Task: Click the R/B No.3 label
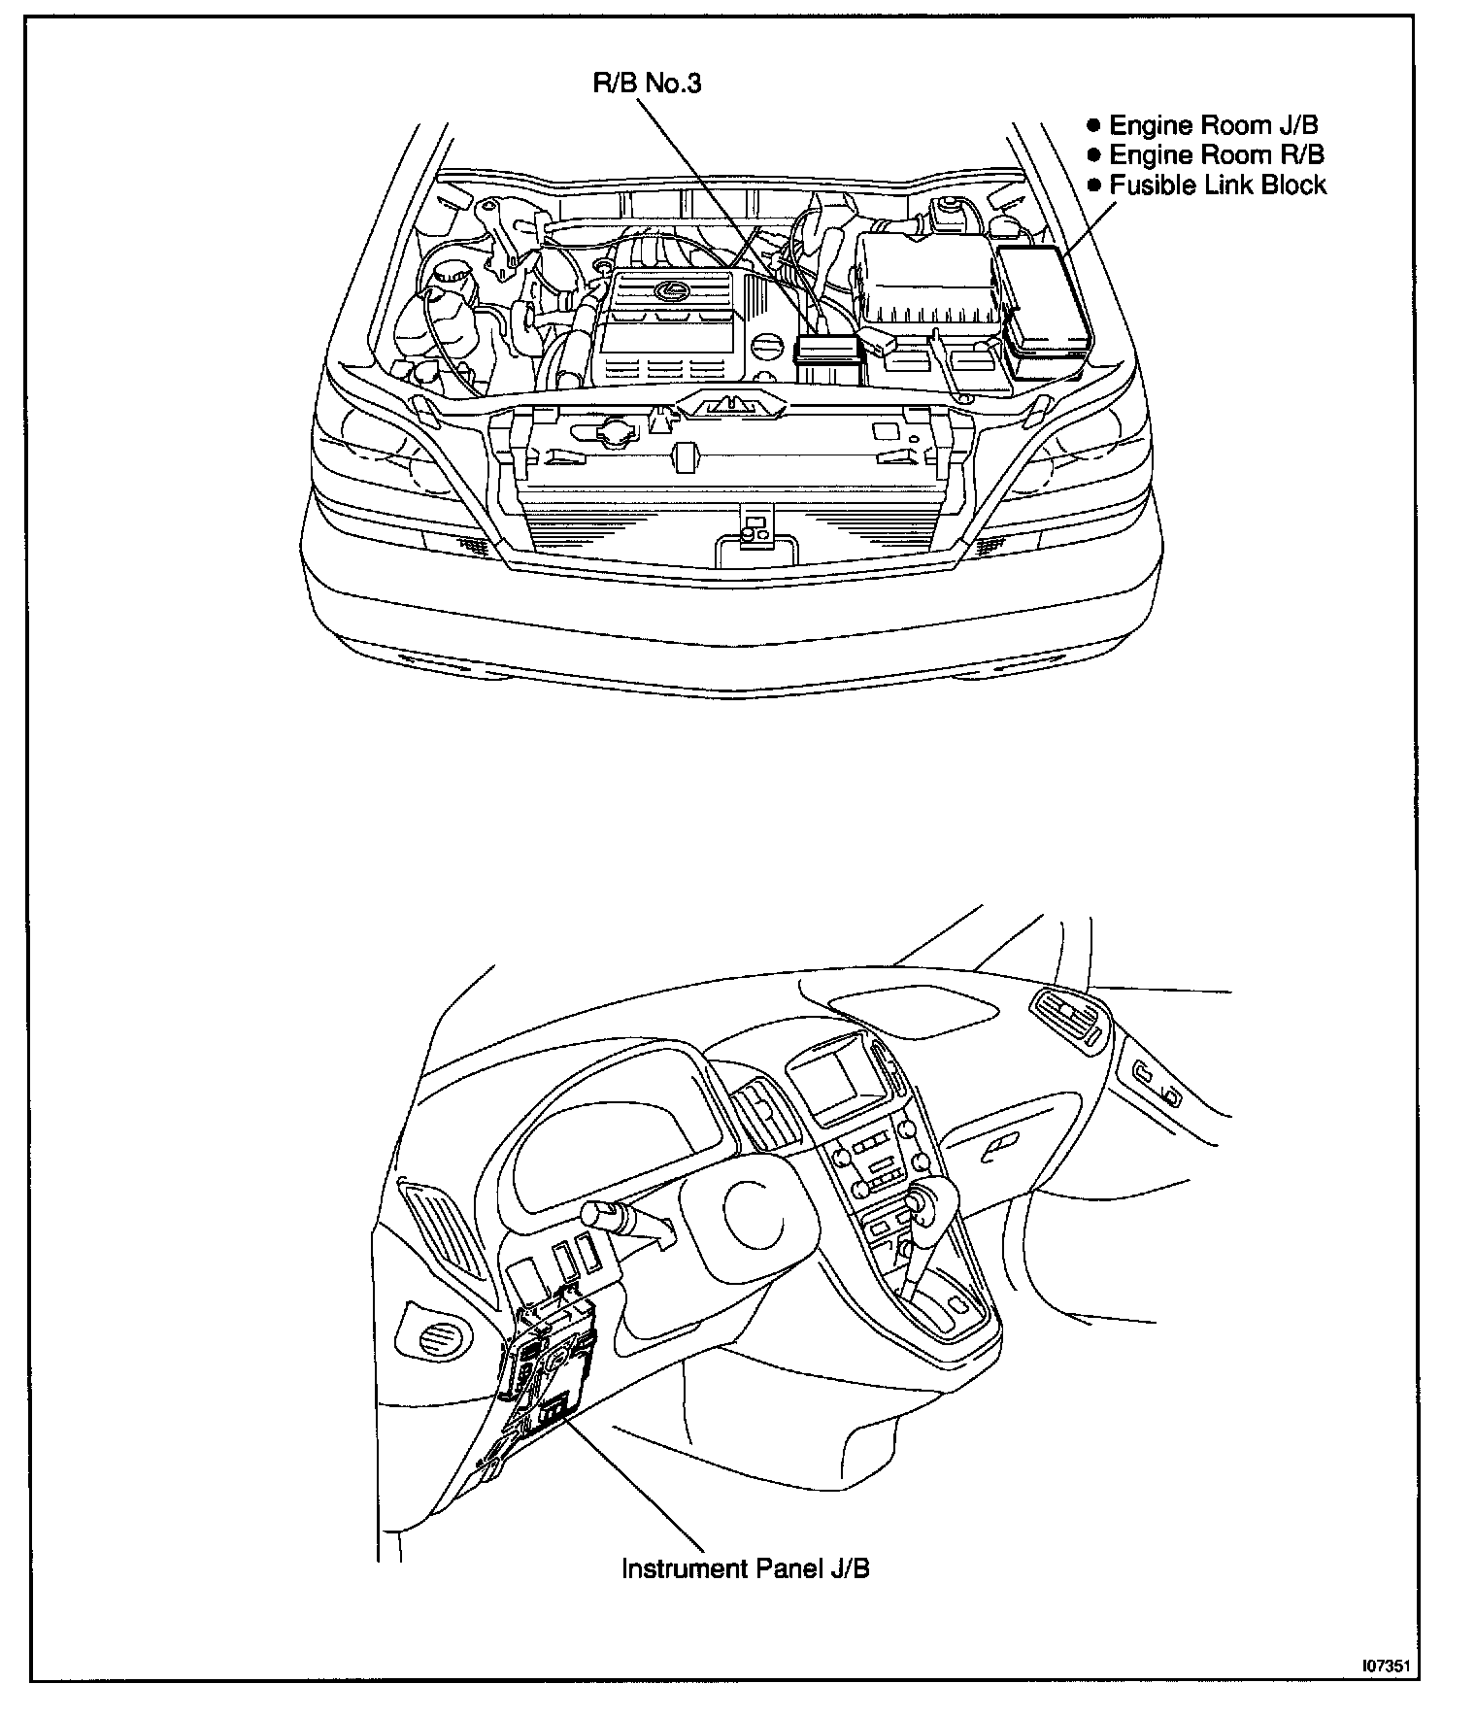(647, 84)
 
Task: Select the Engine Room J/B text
(1213, 124)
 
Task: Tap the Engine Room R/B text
(1216, 154)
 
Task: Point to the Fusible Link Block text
(1217, 185)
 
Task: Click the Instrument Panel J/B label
(745, 1568)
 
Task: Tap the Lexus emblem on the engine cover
(668, 290)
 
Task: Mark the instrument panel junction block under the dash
(547, 1360)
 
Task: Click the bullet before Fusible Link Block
(1095, 185)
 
